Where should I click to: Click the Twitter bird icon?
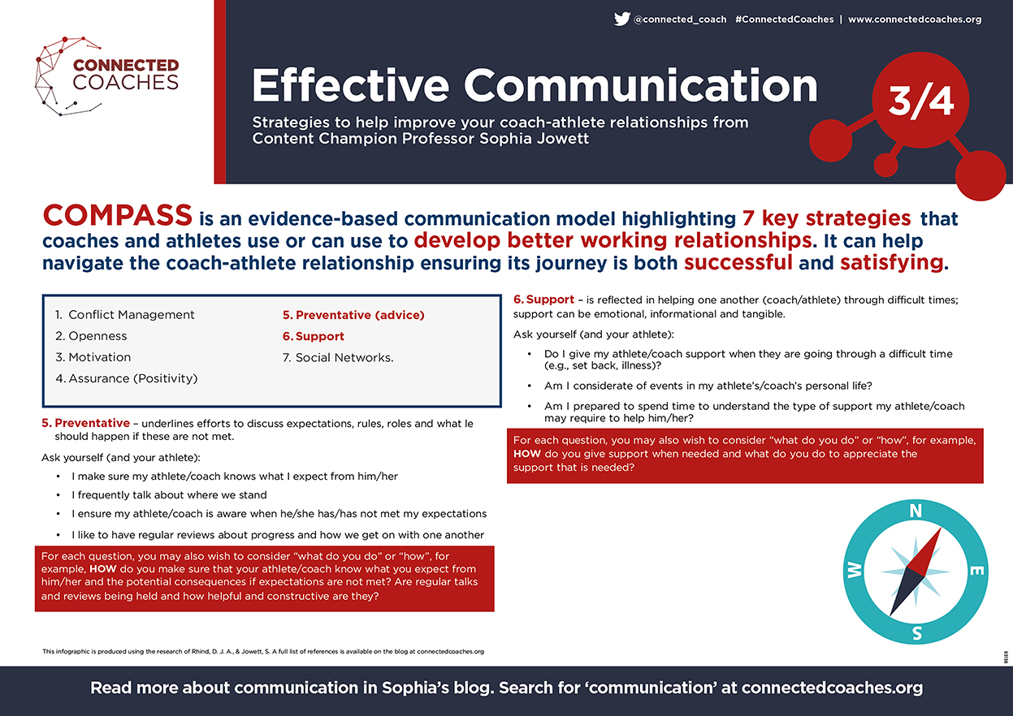tap(622, 19)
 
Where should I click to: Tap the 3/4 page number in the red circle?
tap(920, 101)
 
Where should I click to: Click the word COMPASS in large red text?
tap(118, 215)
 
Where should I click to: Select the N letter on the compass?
tap(916, 511)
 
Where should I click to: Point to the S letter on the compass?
tap(916, 633)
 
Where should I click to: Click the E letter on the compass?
tap(976, 571)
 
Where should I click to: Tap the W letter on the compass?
tap(855, 571)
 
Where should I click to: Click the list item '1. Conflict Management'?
tap(125, 315)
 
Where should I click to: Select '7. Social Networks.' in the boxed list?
tap(338, 357)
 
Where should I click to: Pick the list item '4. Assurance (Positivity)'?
tap(127, 378)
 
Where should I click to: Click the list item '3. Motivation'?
tap(93, 357)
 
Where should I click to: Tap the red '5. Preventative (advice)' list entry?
tap(353, 315)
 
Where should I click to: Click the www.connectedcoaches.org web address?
tap(915, 19)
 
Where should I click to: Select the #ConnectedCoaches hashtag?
tap(784, 19)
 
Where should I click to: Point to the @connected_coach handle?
tap(680, 19)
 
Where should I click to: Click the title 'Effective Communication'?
tap(535, 86)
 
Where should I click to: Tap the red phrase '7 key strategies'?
tap(826, 218)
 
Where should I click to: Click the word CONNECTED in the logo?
tap(126, 65)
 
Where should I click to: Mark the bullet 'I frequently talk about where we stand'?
tap(169, 495)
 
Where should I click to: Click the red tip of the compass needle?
tap(941, 528)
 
